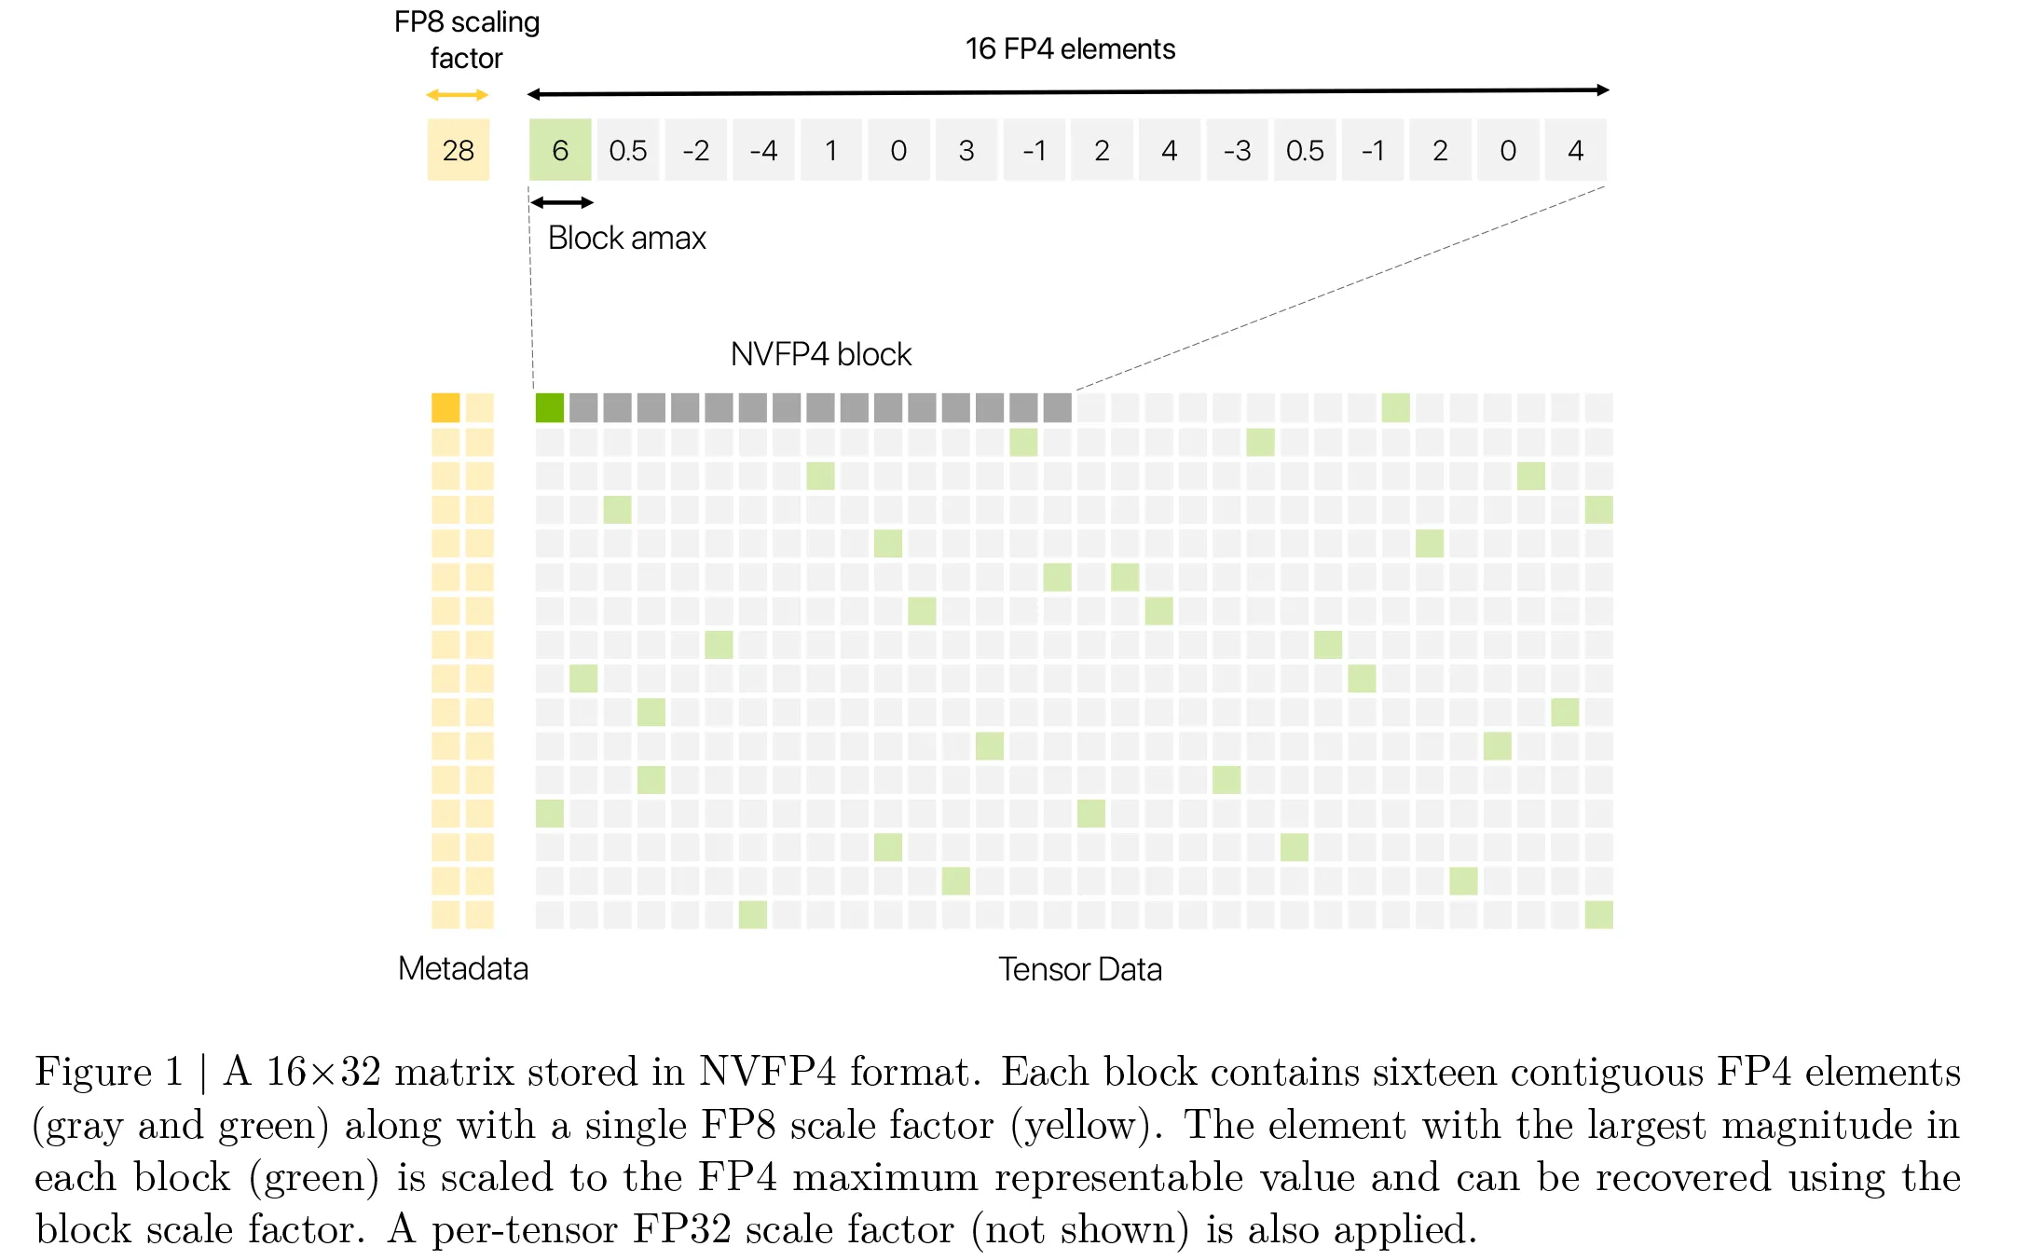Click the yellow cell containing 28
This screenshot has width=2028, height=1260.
click(459, 150)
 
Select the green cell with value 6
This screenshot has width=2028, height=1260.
click(560, 150)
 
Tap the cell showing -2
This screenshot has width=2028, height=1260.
click(696, 150)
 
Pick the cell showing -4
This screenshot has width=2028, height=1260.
click(763, 150)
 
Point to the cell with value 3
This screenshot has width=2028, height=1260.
click(966, 150)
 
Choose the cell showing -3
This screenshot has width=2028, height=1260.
click(1237, 150)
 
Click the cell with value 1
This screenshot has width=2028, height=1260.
click(831, 150)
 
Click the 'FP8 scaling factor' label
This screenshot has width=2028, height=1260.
click(467, 40)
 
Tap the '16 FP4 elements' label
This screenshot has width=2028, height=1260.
click(1070, 48)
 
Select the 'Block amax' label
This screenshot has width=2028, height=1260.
click(627, 238)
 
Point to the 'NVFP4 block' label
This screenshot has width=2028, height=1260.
click(821, 354)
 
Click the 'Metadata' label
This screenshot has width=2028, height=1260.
click(463, 968)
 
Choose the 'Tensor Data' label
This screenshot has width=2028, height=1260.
click(1080, 969)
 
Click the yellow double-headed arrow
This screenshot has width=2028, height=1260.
click(458, 95)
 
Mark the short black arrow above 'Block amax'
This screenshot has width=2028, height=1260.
click(562, 202)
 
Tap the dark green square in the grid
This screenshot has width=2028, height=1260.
click(550, 407)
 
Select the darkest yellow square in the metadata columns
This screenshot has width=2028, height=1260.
click(445, 407)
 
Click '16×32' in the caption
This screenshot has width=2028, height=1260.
click(324, 1072)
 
